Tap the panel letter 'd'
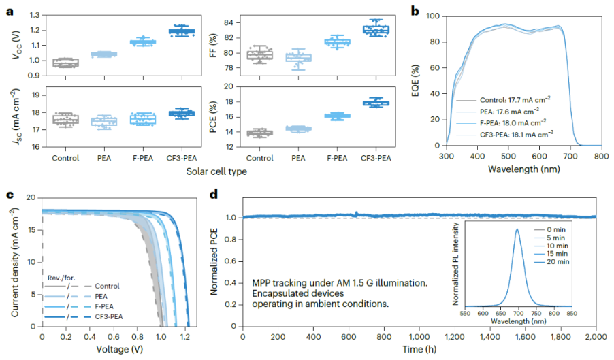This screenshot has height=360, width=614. point(213,195)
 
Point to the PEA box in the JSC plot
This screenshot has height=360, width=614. point(104,121)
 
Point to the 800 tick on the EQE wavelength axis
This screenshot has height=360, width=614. point(600,156)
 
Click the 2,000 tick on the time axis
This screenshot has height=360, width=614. point(595,337)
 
